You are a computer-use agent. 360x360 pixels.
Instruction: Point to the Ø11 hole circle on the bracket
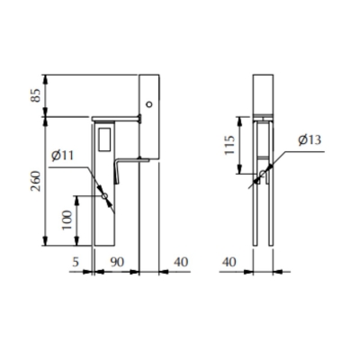point(105,195)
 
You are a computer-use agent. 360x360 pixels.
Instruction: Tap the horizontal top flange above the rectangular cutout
point(119,117)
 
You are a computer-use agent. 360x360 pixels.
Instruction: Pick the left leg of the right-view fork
point(257,207)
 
